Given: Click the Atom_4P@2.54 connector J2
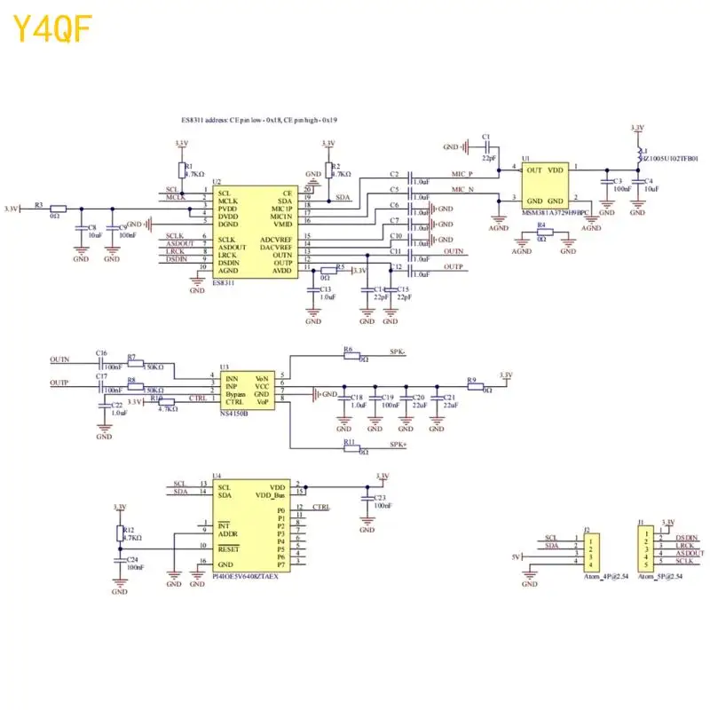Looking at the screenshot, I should coord(592,549).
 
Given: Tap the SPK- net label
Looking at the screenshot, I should coord(398,351).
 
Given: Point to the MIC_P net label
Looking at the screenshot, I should coord(461,175).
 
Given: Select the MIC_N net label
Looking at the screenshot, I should coord(461,190).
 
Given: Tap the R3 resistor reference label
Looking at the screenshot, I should coord(38,205).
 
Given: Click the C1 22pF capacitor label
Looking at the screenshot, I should coord(485,137).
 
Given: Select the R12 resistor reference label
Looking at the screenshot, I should coord(129,529).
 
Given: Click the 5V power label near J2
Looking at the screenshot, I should coord(514,556).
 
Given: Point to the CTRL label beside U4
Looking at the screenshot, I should coord(321,508).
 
